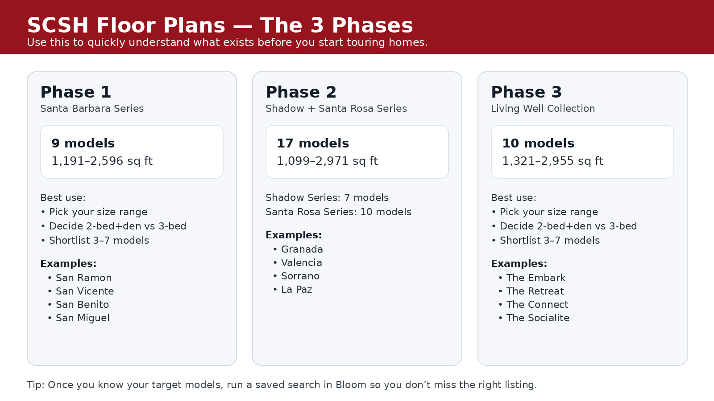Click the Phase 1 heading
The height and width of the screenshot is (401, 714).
click(75, 92)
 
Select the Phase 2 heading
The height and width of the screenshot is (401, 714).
click(301, 92)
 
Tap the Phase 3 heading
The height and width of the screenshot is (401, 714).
click(526, 92)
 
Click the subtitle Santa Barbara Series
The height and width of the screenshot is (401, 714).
click(92, 109)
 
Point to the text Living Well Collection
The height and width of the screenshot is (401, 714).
click(543, 109)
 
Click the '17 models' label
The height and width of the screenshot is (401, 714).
click(313, 143)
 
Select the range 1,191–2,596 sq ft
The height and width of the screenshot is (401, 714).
click(102, 161)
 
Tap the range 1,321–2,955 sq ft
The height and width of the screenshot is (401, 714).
click(552, 161)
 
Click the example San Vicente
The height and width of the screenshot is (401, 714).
click(85, 291)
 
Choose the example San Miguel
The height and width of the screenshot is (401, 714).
click(83, 318)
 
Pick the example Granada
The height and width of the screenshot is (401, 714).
click(302, 250)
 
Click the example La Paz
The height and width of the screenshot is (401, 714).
click(296, 290)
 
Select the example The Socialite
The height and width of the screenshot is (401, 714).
click(538, 318)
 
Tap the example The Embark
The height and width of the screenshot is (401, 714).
click(535, 278)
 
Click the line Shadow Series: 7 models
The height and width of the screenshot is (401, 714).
click(327, 198)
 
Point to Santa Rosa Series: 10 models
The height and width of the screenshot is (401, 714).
click(338, 212)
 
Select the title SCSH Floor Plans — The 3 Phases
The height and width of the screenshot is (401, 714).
click(220, 25)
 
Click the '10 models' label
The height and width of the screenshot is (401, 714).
click(538, 143)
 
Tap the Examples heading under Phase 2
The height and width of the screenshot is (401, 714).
click(294, 235)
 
